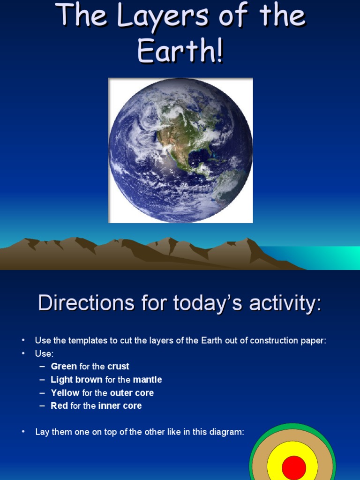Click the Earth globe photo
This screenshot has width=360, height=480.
(180, 150)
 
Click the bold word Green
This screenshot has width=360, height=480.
(64, 367)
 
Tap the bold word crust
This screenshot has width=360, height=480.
(118, 367)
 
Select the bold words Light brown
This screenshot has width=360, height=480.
(76, 380)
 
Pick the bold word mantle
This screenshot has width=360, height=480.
(147, 380)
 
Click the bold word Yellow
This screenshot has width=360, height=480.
(65, 393)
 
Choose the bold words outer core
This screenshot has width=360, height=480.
(132, 393)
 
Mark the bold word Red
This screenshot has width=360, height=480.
(59, 406)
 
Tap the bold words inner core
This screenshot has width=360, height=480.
(120, 406)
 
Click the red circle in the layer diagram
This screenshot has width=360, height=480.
(294, 467)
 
